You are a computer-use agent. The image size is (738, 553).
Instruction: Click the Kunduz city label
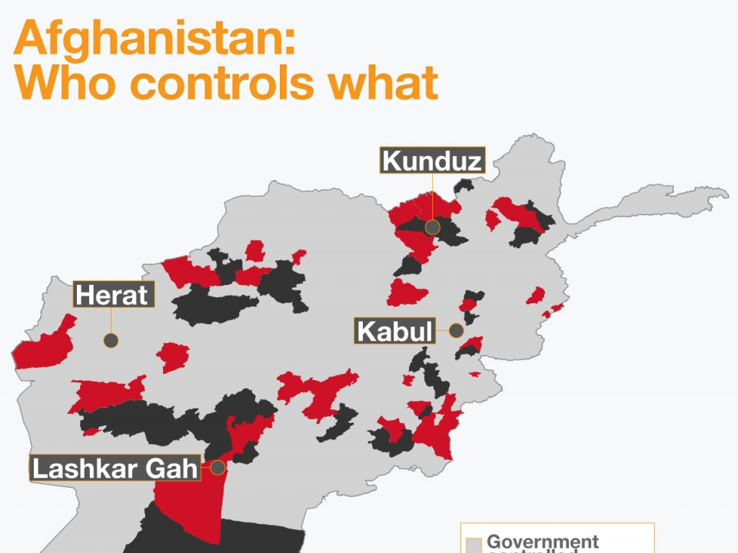click(433, 161)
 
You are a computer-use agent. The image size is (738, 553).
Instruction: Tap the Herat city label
click(113, 295)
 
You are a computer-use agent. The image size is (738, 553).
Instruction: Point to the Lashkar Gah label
click(115, 468)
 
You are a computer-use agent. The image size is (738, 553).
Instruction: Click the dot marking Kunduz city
click(433, 227)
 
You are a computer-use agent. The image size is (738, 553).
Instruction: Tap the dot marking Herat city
click(111, 340)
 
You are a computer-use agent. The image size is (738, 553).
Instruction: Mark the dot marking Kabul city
click(456, 331)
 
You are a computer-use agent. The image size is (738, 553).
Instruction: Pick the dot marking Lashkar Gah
click(218, 467)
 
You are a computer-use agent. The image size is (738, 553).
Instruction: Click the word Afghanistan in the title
click(154, 36)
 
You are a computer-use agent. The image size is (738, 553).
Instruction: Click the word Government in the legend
click(543, 542)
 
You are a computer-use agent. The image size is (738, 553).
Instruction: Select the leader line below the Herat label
click(111, 321)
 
